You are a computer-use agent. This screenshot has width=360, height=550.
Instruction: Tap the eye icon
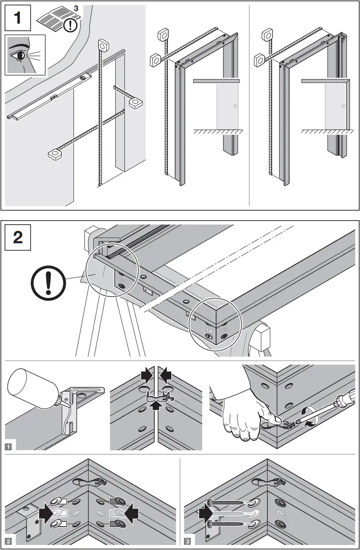pyautogui.click(x=20, y=56)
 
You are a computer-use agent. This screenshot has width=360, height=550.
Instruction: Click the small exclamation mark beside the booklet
pyautogui.click(x=70, y=25)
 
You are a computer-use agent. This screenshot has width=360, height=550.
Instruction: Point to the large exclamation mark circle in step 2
pyautogui.click(x=49, y=286)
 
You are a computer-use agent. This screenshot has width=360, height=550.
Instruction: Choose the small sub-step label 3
pyautogui.click(x=187, y=541)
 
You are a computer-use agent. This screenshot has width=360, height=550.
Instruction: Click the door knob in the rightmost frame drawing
pyautogui.click(x=343, y=106)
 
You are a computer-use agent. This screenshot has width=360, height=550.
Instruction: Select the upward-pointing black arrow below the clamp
pyautogui.click(x=157, y=405)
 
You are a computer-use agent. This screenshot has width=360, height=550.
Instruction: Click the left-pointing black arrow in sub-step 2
pyautogui.click(x=131, y=514)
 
